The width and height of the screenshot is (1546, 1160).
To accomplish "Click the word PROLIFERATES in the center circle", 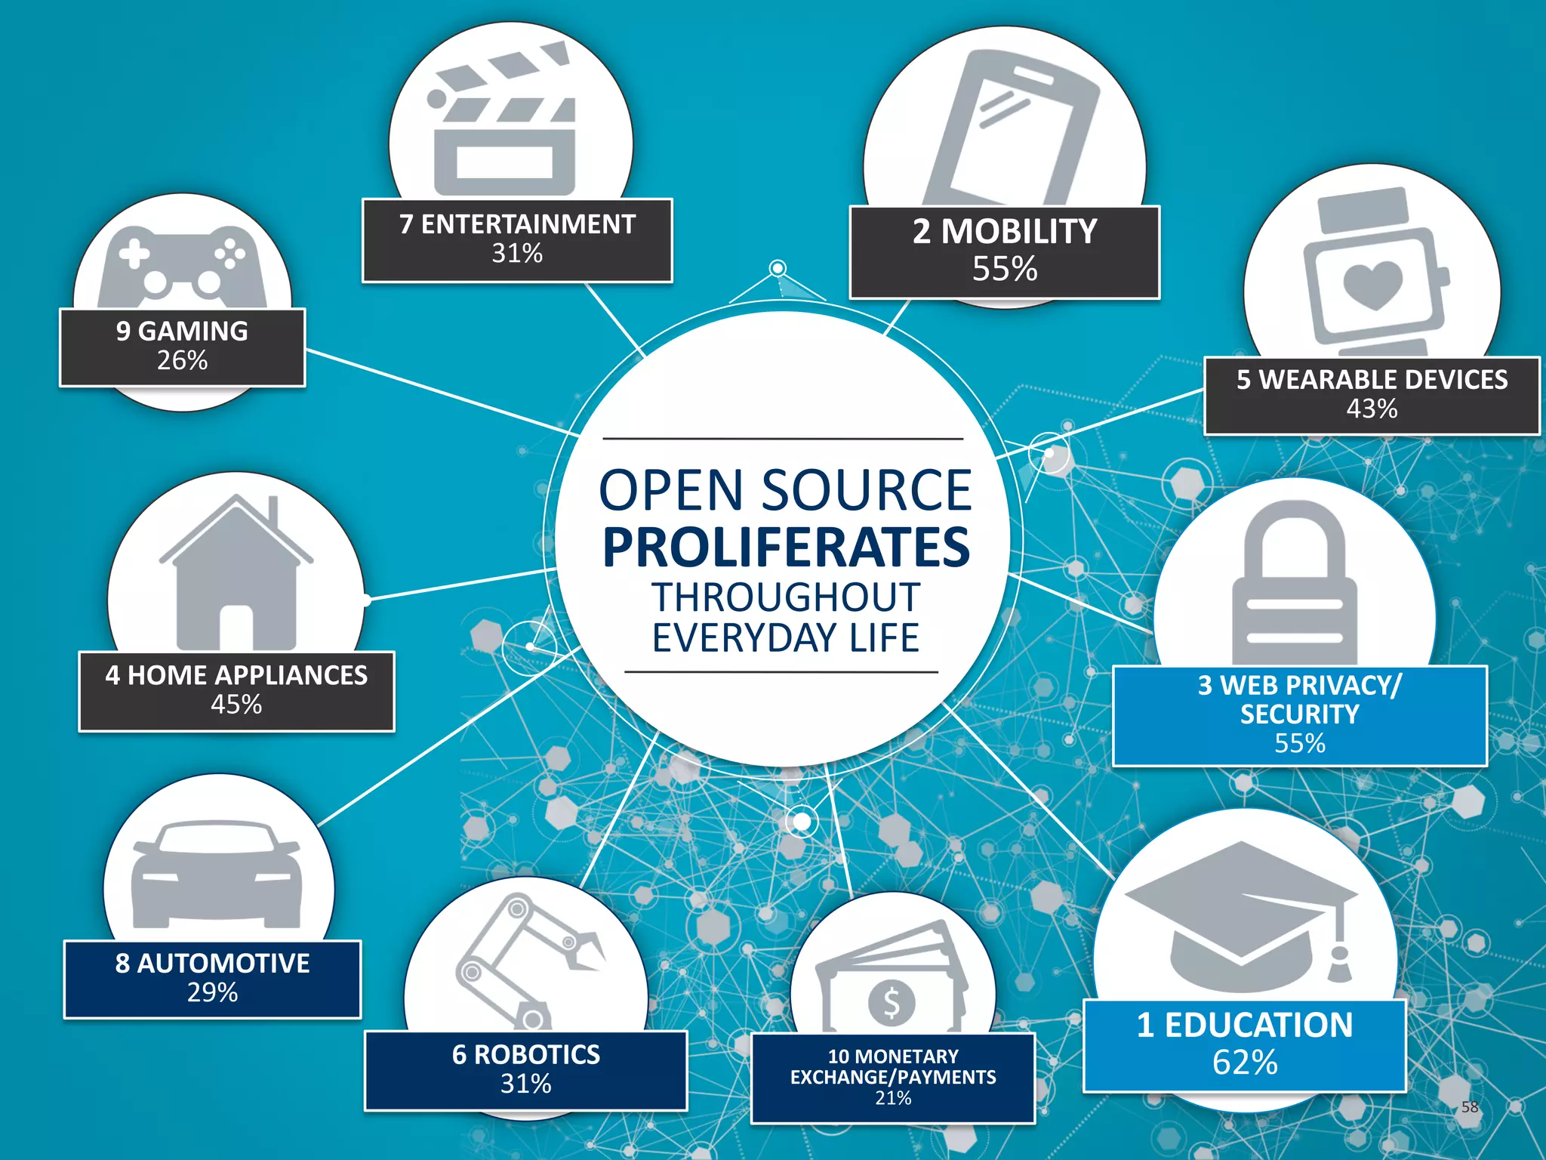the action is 786,548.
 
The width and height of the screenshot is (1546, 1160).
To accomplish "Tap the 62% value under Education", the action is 1245,1063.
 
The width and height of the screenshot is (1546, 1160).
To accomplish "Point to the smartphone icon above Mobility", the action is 1012,128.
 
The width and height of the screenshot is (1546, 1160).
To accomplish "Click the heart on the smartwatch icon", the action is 1373,285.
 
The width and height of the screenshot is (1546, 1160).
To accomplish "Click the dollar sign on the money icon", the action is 892,1003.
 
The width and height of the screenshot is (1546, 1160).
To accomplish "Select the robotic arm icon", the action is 525,959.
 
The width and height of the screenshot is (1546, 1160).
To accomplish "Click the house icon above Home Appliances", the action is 236,574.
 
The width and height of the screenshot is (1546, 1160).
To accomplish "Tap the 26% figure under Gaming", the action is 182,360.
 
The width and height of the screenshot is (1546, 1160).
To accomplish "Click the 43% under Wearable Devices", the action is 1372,409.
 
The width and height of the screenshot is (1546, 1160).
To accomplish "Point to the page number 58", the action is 1469,1107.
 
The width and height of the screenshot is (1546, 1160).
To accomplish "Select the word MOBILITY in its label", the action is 1019,231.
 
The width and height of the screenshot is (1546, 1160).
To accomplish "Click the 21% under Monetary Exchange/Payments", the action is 893,1098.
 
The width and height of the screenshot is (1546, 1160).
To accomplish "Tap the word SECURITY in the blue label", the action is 1299,714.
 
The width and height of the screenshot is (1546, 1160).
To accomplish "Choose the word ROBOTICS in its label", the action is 537,1054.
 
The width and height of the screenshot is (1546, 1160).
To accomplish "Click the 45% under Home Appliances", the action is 236,704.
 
